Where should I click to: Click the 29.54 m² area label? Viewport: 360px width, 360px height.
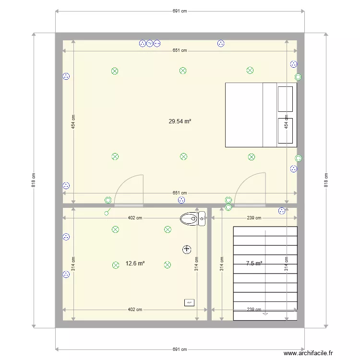coord(180,122)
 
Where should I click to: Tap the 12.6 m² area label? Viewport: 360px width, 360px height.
coord(135,264)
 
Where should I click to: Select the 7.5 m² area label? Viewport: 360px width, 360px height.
coord(254,264)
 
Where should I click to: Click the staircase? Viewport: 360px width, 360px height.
coord(265,273)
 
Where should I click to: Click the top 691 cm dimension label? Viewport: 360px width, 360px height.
coord(180,11)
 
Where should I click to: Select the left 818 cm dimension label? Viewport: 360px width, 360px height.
coord(33,180)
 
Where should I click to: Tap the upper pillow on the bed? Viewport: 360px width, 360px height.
coord(285,99)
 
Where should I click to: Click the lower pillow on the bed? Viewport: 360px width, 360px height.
coord(285,131)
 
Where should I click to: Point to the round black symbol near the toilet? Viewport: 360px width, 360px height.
coord(187,249)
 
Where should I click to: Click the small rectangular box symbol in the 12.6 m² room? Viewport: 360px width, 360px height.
coord(189,302)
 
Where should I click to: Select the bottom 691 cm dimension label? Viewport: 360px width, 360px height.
coord(180,349)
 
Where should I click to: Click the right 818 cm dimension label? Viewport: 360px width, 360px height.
coord(326,180)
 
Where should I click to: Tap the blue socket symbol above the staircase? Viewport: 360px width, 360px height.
coord(282,211)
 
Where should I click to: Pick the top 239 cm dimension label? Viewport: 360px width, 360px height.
coord(254,218)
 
